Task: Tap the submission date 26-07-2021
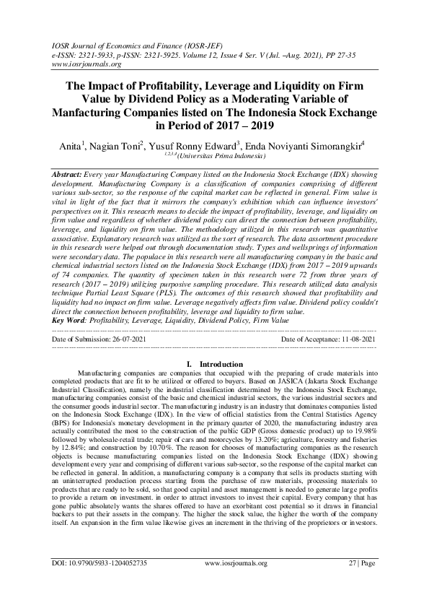point(129,338)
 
